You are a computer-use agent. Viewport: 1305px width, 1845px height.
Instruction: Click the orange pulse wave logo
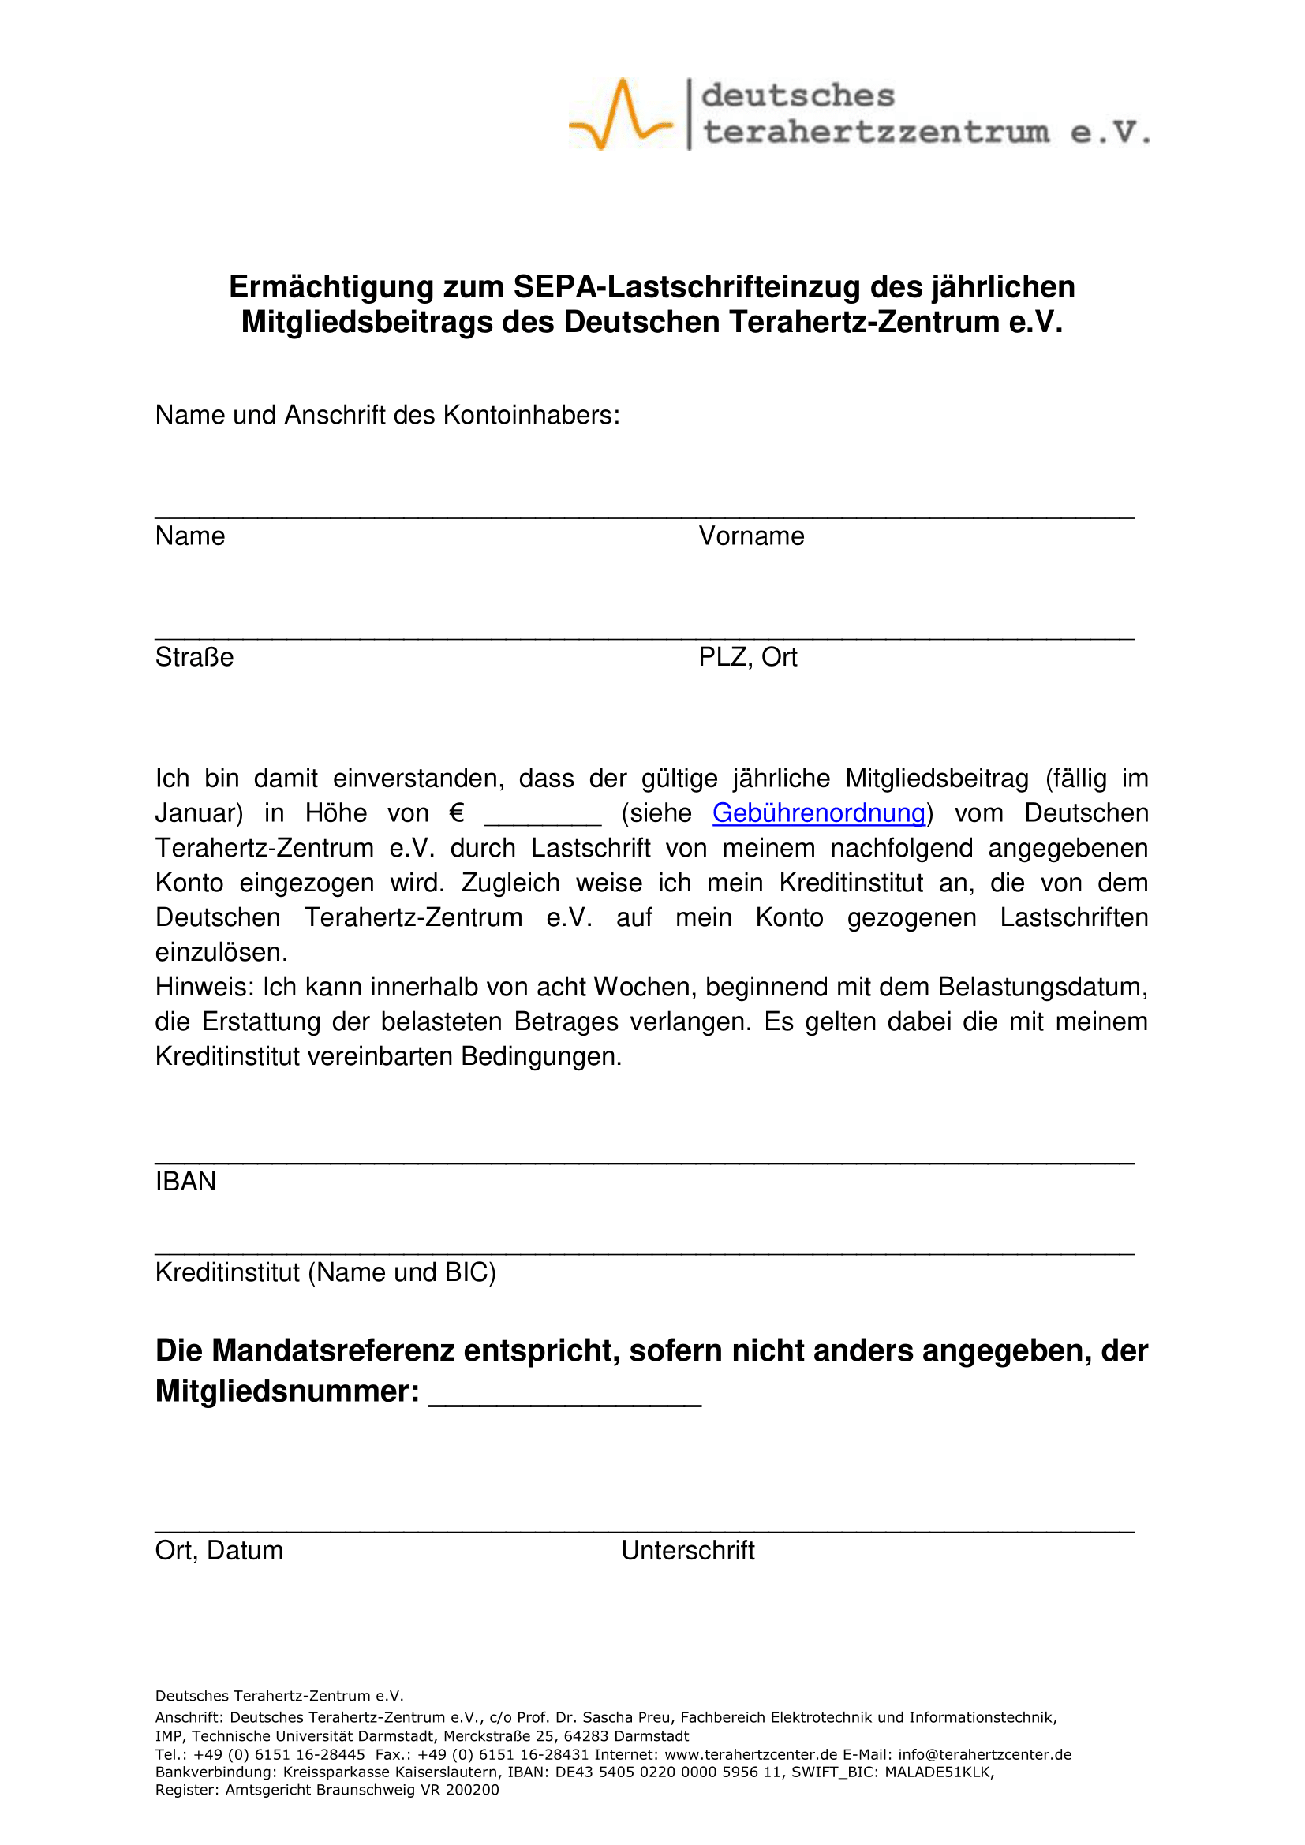pyautogui.click(x=619, y=114)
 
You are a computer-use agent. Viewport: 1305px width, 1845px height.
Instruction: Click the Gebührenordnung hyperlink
pyautogui.click(x=818, y=813)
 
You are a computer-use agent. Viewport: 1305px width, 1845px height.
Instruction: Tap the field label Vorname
pyautogui.click(x=751, y=536)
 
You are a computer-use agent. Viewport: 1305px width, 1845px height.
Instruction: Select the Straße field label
pyautogui.click(x=194, y=657)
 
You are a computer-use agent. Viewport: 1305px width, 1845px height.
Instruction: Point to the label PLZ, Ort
pyautogui.click(x=747, y=657)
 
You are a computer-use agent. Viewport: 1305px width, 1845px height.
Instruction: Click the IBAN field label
pyautogui.click(x=185, y=1182)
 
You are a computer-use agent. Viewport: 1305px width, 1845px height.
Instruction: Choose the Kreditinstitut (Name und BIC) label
pyautogui.click(x=325, y=1272)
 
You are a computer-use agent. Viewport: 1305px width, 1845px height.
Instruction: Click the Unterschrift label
pyautogui.click(x=688, y=1550)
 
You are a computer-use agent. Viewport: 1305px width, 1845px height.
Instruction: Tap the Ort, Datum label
pyautogui.click(x=219, y=1550)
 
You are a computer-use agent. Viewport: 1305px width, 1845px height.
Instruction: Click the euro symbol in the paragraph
pyautogui.click(x=456, y=813)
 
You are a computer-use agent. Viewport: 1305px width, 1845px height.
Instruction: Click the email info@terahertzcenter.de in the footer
pyautogui.click(x=985, y=1754)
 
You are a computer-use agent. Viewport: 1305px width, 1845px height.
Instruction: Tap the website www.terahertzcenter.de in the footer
pyautogui.click(x=739, y=1754)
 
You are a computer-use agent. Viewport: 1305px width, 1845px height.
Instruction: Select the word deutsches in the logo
pyautogui.click(x=798, y=95)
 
